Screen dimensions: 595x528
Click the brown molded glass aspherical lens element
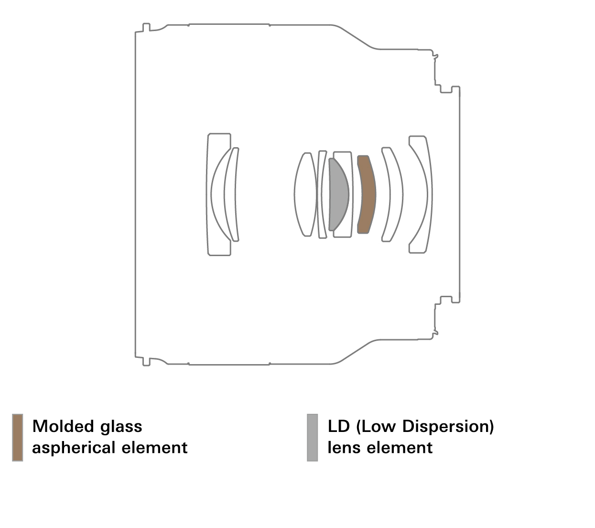tap(367, 194)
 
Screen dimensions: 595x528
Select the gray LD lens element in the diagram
tap(338, 194)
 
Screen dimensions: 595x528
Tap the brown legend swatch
tap(17, 438)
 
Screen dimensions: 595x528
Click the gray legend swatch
tap(312, 438)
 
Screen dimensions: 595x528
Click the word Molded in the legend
tap(64, 426)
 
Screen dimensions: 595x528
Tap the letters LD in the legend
tap(339, 426)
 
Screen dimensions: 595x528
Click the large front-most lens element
tap(219, 194)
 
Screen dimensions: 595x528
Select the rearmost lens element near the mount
tap(421, 194)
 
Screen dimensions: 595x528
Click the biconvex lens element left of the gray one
tap(305, 194)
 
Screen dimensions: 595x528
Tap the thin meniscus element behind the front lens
tap(232, 194)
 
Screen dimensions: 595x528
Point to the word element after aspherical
tap(154, 448)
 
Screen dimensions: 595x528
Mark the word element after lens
tap(400, 448)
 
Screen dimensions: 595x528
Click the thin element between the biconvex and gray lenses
tap(323, 194)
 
